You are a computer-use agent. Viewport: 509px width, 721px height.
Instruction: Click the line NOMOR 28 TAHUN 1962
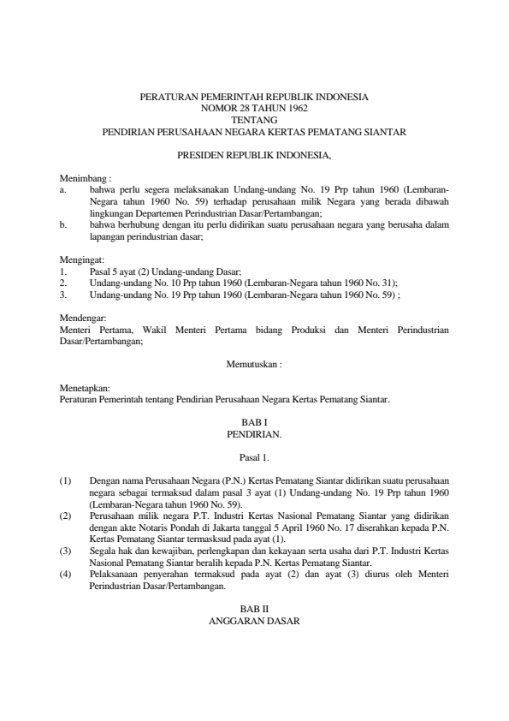tap(254, 109)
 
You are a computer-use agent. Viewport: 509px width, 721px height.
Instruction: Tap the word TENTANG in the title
tap(254, 121)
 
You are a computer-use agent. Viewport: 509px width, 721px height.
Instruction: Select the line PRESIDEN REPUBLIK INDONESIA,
tap(254, 156)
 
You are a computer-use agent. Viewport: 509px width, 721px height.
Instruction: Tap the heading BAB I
tap(254, 423)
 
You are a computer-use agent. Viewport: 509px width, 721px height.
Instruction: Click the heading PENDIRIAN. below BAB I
tap(254, 435)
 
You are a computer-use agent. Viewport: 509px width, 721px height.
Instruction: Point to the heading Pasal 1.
tap(254, 458)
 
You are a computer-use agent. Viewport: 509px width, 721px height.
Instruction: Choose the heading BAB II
tap(254, 611)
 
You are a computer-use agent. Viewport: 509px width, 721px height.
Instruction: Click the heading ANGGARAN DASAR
tap(254, 623)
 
